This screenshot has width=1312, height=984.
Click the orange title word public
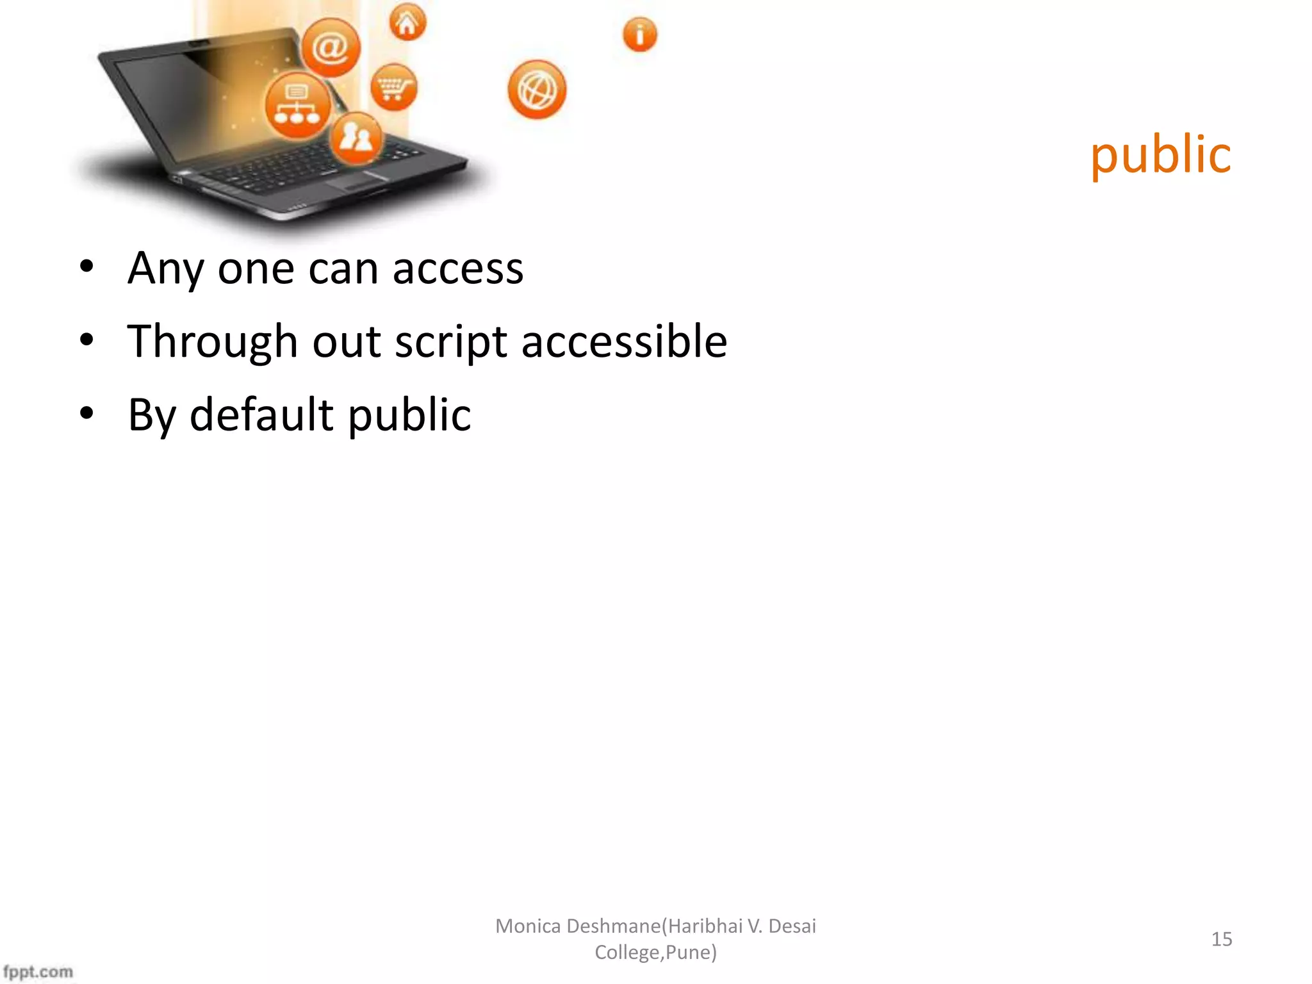coord(1160,155)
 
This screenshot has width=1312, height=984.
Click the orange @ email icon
coord(331,47)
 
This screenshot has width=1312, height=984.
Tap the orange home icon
coord(407,23)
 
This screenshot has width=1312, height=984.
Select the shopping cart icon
coord(393,87)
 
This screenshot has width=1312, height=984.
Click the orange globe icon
coord(537,90)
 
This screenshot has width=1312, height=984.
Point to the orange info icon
coord(639,35)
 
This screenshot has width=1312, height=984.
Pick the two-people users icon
coord(356,137)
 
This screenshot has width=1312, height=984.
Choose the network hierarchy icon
coord(297,106)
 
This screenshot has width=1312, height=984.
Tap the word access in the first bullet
coord(458,269)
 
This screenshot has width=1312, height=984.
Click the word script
coord(451,342)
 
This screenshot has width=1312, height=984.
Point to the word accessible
coord(624,341)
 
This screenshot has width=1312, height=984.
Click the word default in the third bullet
coord(262,414)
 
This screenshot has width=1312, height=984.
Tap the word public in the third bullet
coord(409,416)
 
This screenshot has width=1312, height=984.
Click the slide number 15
coord(1221,939)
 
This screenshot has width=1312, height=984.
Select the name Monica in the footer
coord(528,926)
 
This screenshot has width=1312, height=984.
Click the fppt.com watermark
coord(38,971)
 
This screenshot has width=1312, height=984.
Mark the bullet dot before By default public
coord(86,413)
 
